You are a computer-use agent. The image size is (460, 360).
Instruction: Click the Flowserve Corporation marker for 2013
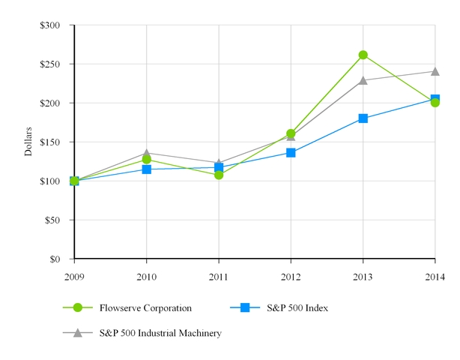tap(363, 55)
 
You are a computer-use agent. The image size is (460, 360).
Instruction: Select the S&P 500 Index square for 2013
tap(363, 118)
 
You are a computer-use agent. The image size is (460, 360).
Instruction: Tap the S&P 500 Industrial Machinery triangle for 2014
tap(435, 71)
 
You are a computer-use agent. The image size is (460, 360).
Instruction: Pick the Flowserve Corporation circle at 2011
tap(219, 175)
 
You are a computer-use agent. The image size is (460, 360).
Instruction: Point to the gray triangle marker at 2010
tap(146, 153)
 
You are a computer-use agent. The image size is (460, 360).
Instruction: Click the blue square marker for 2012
tap(291, 153)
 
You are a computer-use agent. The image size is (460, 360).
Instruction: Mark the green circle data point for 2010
tap(146, 160)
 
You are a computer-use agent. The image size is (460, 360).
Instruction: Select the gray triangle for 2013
tap(363, 80)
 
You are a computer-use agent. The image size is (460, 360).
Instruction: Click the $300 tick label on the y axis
tap(51, 25)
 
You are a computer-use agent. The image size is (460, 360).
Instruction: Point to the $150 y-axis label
tap(51, 142)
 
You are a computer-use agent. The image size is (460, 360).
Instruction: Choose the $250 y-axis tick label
tap(51, 64)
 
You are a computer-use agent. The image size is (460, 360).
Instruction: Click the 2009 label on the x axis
tap(74, 277)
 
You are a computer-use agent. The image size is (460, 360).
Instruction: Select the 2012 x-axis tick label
tap(291, 277)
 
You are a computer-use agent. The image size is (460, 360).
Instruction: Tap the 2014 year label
tap(435, 277)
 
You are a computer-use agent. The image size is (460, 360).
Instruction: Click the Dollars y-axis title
tap(28, 142)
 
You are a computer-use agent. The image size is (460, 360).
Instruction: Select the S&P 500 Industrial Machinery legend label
tap(160, 332)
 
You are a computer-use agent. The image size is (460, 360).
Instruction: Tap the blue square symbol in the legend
tap(244, 307)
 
